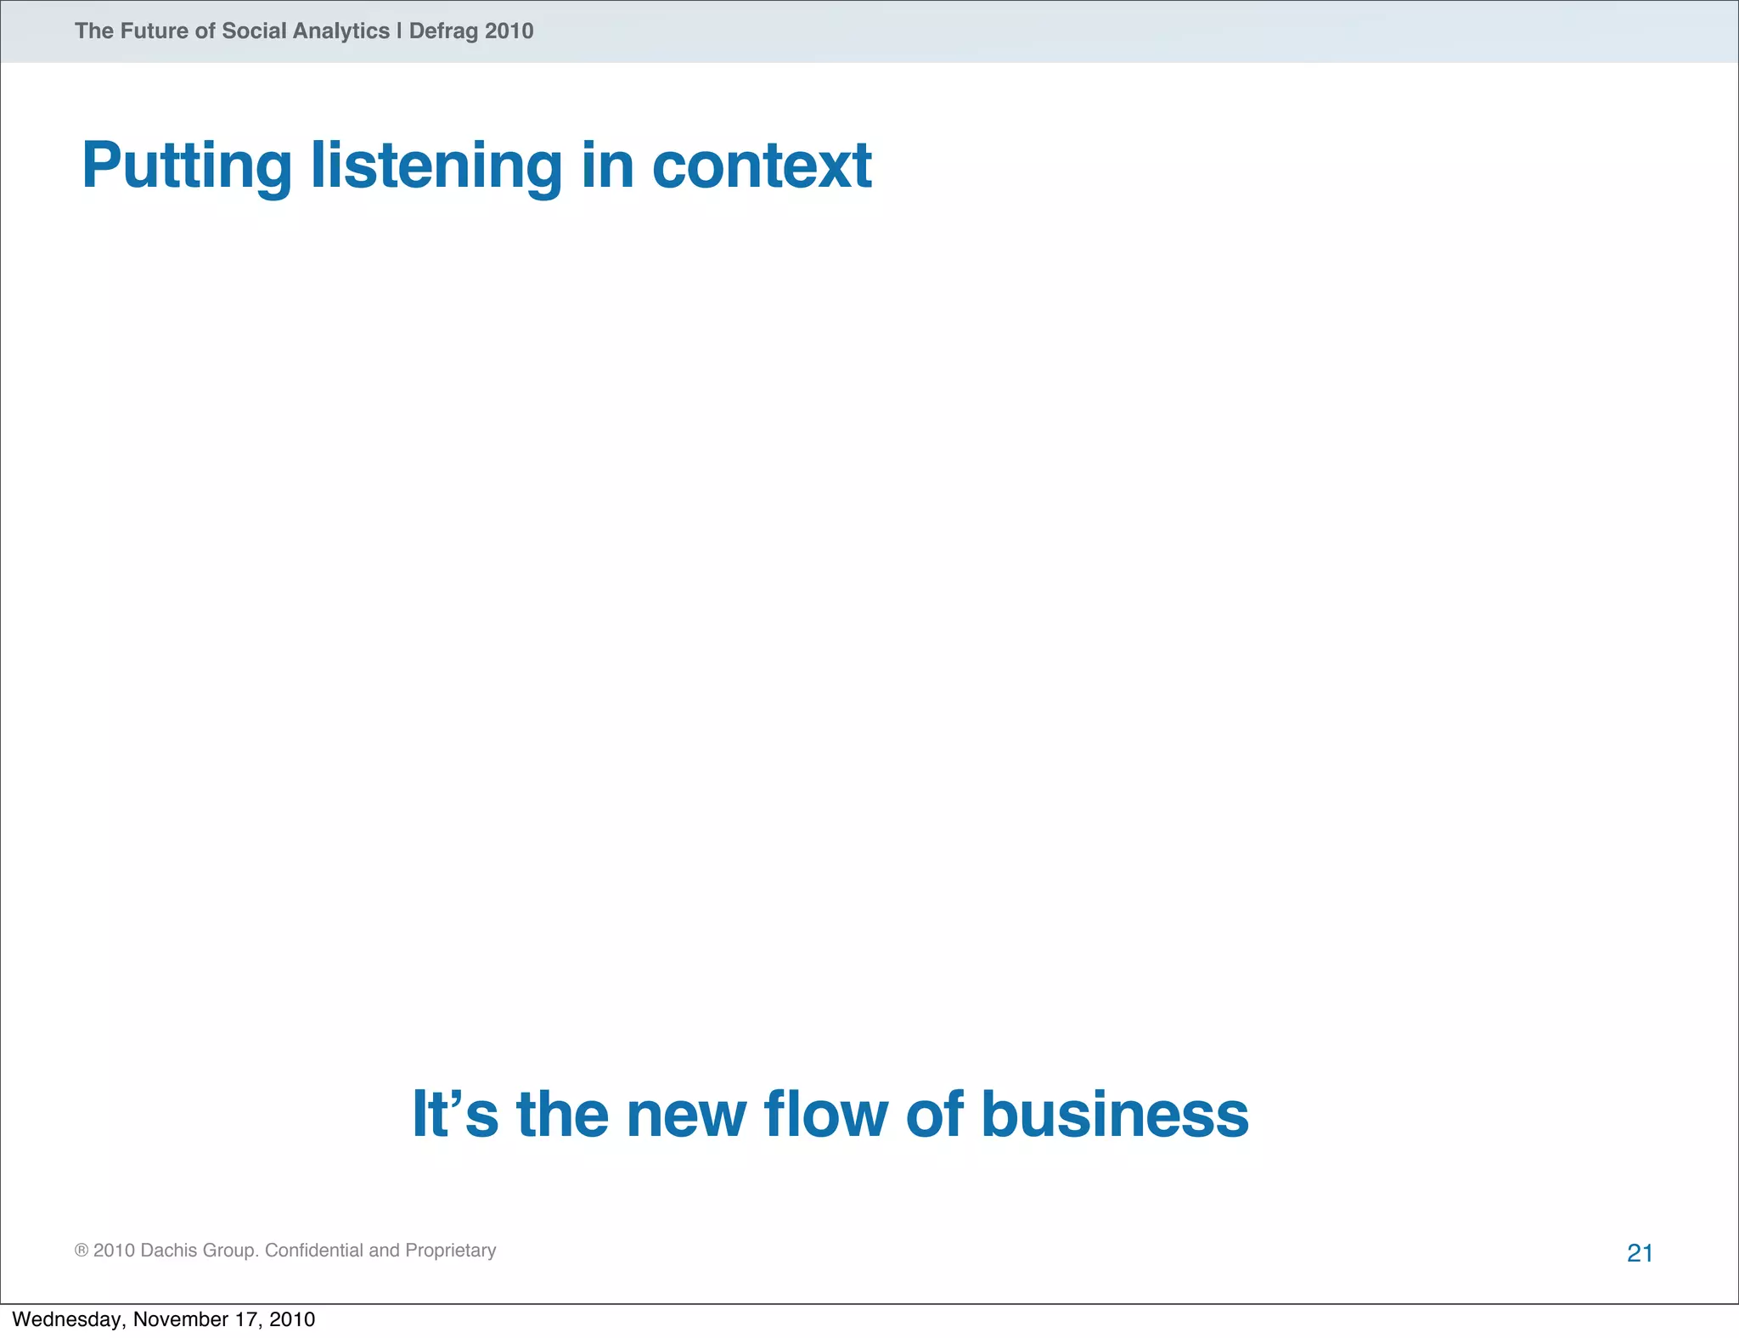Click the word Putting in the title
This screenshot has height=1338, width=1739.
tap(187, 166)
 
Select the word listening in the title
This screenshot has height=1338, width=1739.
tap(436, 166)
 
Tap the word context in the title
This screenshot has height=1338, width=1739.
tap(761, 165)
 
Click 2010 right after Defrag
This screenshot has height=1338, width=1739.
tap(509, 31)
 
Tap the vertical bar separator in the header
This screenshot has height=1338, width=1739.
tap(399, 31)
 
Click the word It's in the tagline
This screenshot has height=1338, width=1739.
tap(454, 1114)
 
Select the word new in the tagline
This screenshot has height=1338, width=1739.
tap(686, 1114)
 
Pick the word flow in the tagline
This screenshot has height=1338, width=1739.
tap(825, 1114)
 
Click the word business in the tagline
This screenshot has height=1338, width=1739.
tap(1114, 1114)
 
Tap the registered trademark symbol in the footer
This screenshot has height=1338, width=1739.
tap(82, 1251)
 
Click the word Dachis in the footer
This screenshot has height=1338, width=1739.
tap(169, 1251)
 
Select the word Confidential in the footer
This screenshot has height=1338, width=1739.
tap(314, 1251)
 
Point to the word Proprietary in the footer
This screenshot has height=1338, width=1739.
tap(450, 1251)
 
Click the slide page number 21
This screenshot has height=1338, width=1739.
tap(1640, 1253)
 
